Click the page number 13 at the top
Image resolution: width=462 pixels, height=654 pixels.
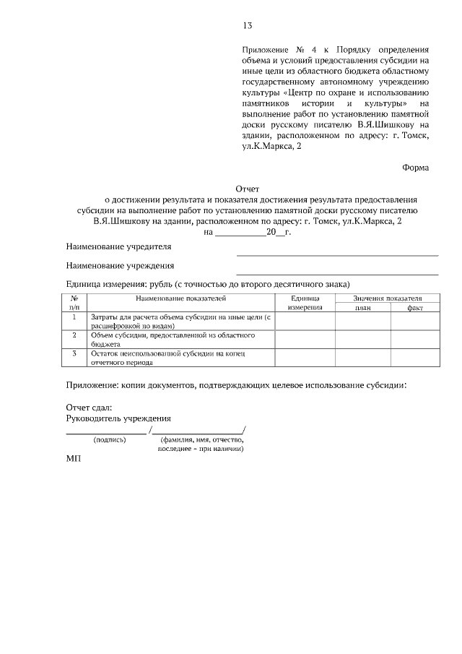coord(247,26)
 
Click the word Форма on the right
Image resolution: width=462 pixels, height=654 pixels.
coord(415,168)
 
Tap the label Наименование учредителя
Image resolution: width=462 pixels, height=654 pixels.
coord(118,246)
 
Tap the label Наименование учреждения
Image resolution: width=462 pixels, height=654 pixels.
coord(120,266)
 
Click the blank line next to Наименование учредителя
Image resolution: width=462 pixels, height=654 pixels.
coord(337,254)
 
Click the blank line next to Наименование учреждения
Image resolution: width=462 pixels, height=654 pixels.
coord(337,273)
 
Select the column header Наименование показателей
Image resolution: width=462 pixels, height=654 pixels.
coord(180,298)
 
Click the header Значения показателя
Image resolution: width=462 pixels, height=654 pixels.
coord(387,298)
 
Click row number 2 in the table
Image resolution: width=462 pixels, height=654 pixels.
coord(74,335)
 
